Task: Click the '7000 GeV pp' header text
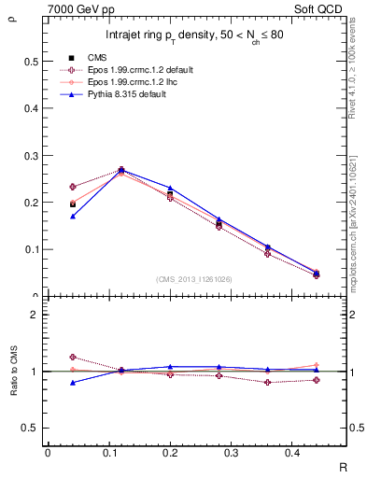75,9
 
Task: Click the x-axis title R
344,467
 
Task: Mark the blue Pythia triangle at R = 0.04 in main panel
73,216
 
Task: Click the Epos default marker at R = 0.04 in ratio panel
73,357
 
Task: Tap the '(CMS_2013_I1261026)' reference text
195,279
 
